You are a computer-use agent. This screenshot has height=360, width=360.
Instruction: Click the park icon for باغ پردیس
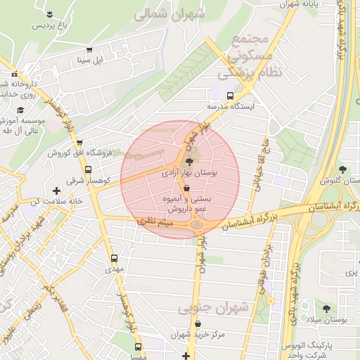[49, 14]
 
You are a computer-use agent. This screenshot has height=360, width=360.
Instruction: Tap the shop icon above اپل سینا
[89, 50]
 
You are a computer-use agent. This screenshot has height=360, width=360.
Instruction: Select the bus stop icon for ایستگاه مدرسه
[230, 96]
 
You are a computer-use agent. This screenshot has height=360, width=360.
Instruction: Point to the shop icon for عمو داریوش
[186, 188]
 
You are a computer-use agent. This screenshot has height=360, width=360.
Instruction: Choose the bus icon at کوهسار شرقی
[88, 169]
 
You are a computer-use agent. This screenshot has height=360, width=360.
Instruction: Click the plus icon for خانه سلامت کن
[56, 191]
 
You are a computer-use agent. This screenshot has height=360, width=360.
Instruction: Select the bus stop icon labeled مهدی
[115, 258]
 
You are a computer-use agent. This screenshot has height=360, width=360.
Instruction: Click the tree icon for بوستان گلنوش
[342, 169]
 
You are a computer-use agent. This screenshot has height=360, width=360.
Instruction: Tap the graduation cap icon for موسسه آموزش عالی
[20, 110]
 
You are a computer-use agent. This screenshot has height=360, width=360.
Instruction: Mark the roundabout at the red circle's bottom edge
[197, 224]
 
